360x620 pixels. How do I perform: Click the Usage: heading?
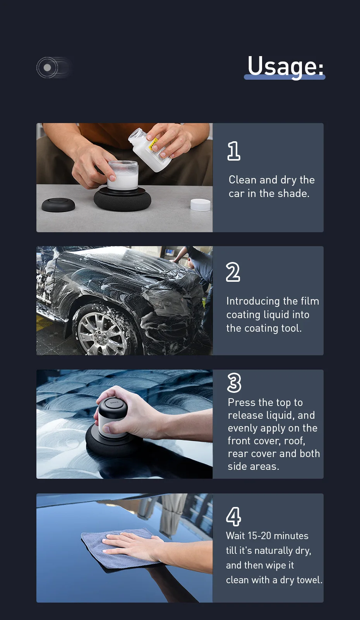[285, 66]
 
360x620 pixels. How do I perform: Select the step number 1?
[233, 151]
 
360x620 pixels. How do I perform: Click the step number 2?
[233, 272]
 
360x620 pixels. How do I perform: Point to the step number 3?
[234, 383]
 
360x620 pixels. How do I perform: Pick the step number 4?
[233, 516]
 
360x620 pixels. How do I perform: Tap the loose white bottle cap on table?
[201, 204]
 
